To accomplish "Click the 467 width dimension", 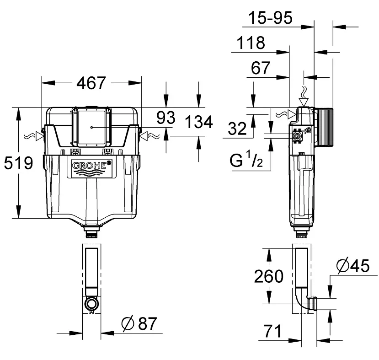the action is pyautogui.click(x=91, y=83).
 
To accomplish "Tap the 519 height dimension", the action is pyautogui.click(x=18, y=163).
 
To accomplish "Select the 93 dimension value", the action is pyautogui.click(x=166, y=118).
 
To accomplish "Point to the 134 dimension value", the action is pyautogui.click(x=199, y=122).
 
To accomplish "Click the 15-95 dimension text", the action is pyautogui.click(x=270, y=18).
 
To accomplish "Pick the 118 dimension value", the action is pyautogui.click(x=251, y=43).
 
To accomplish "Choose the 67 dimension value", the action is pyautogui.click(x=260, y=68).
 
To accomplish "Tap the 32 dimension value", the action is pyautogui.click(x=237, y=129).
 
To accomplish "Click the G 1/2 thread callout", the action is pyautogui.click(x=246, y=159).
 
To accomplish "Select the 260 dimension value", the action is pyautogui.click(x=268, y=276).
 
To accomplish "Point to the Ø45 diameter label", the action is pyautogui.click(x=353, y=266).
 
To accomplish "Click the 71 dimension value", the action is pyautogui.click(x=272, y=331).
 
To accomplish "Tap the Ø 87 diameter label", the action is pyautogui.click(x=139, y=323).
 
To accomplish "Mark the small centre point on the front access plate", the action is pyautogui.click(x=91, y=128).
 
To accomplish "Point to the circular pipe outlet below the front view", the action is pyautogui.click(x=91, y=303).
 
